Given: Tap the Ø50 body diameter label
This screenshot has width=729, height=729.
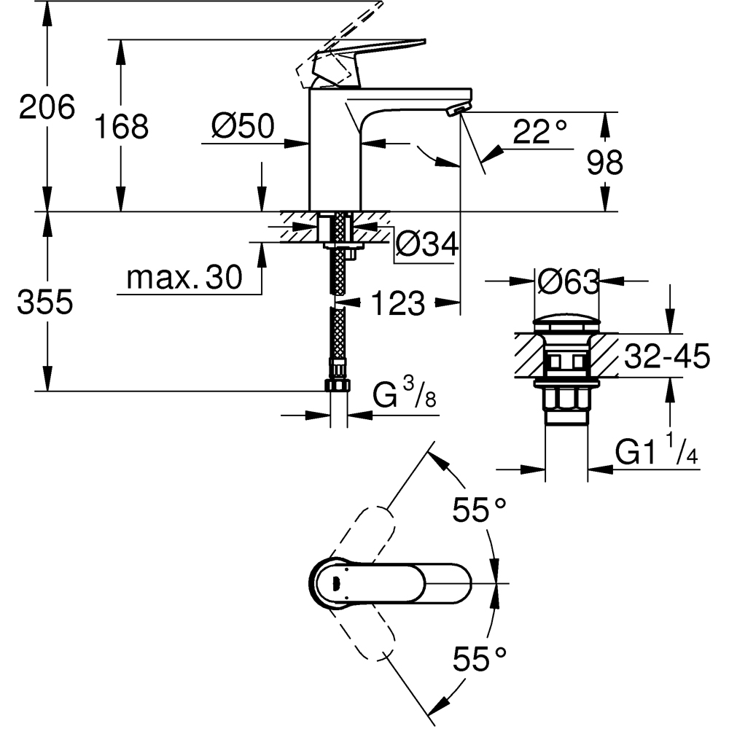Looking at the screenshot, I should click(x=242, y=127).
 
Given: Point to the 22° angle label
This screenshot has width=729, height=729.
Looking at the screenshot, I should click(x=539, y=132).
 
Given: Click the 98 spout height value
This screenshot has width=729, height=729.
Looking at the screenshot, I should click(x=604, y=163).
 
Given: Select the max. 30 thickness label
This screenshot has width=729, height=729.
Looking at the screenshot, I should click(x=184, y=278).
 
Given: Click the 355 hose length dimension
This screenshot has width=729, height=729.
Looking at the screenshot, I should click(x=45, y=302).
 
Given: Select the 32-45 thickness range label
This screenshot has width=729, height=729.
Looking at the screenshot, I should click(x=666, y=358).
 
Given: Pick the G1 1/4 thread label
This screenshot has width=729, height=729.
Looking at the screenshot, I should click(x=657, y=453).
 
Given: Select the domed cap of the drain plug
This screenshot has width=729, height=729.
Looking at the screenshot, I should click(x=566, y=322).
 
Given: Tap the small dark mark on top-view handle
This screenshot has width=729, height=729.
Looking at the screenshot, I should click(x=336, y=582).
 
